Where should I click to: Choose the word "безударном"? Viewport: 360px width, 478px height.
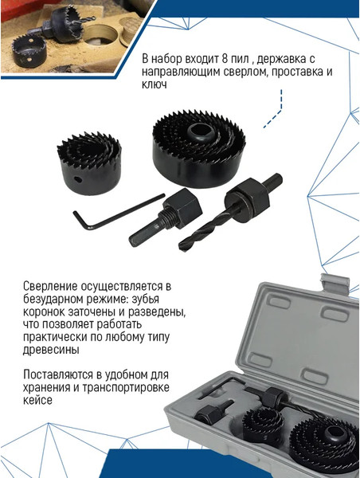point(57,299)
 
